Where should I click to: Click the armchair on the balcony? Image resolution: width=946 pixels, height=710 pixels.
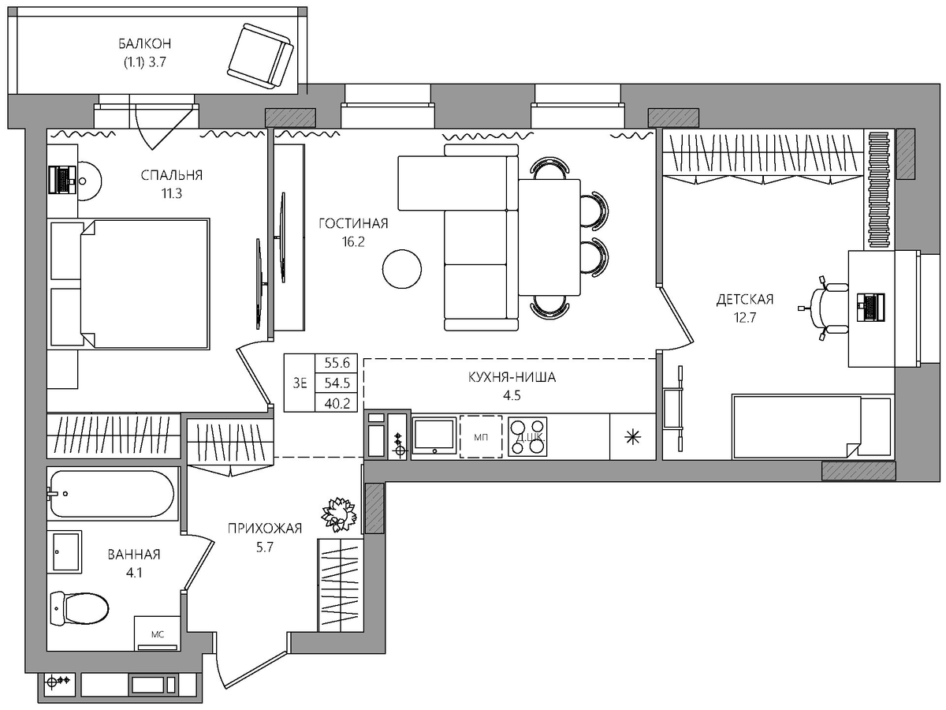[x=260, y=56]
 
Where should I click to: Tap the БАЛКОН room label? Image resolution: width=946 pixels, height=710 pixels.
[x=145, y=43]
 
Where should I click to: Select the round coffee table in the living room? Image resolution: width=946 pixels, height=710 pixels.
[x=402, y=269]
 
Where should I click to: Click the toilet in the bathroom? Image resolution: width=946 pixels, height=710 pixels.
[x=80, y=609]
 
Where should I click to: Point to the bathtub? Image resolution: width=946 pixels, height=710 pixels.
[x=113, y=494]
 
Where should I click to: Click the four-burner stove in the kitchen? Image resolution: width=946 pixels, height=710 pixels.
[x=527, y=436]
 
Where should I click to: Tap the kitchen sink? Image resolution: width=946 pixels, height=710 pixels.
[x=434, y=435]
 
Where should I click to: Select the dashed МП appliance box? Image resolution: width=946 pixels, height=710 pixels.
[x=481, y=436]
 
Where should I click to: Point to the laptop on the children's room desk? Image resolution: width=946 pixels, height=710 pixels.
[x=870, y=308]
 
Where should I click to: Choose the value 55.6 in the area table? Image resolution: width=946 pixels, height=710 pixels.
[x=337, y=363]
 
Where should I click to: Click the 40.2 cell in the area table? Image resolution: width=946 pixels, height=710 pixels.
[x=337, y=403]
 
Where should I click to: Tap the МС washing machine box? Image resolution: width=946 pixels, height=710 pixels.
[x=158, y=633]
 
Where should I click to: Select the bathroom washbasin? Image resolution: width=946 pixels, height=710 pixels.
[x=67, y=551]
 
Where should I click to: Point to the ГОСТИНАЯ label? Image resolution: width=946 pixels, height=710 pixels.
[x=353, y=223]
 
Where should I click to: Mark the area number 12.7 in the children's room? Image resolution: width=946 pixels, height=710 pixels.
[x=745, y=318]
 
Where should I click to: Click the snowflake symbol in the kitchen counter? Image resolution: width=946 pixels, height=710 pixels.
[x=633, y=438]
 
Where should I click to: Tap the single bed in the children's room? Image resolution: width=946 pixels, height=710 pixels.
[x=810, y=426]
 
